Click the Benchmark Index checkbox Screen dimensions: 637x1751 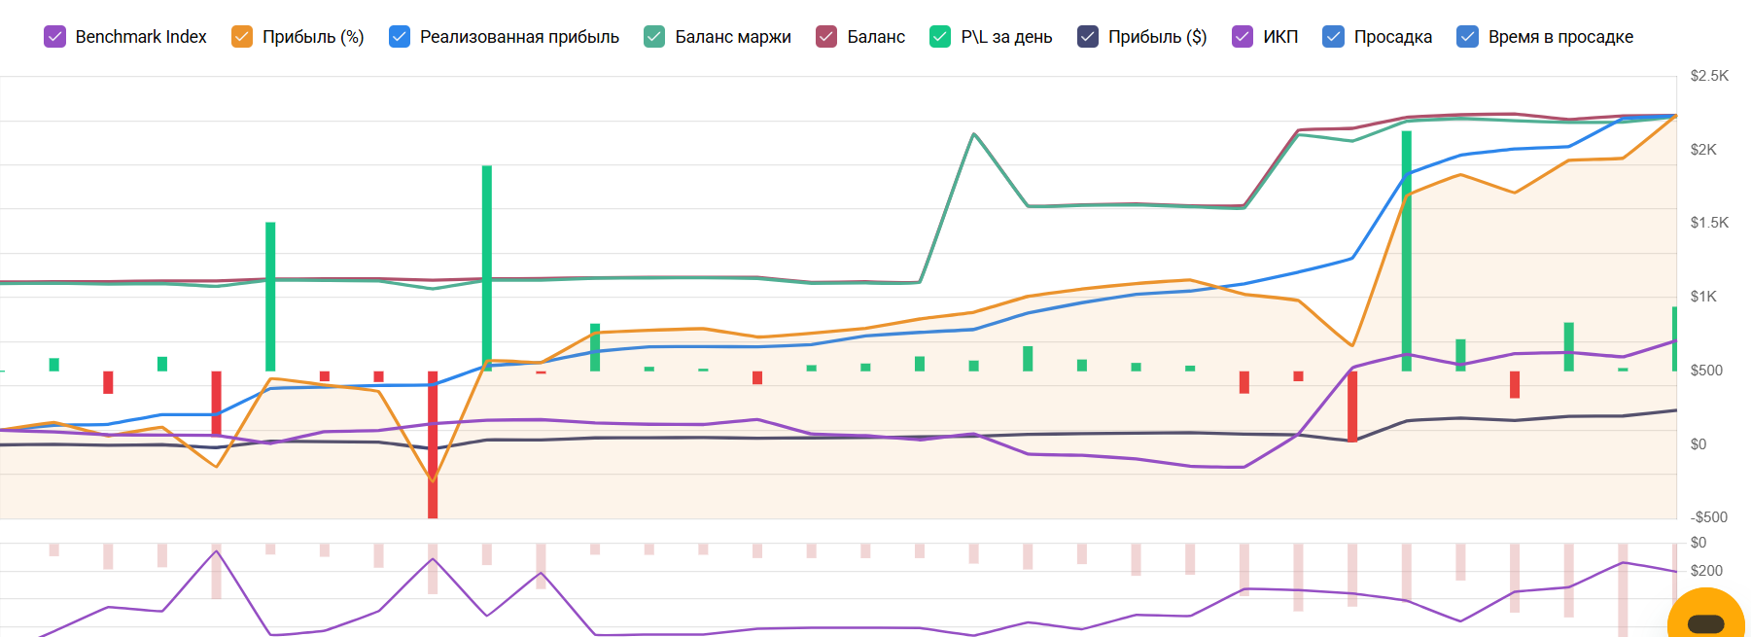(55, 37)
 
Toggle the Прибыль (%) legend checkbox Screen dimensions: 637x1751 (242, 37)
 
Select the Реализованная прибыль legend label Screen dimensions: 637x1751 (519, 37)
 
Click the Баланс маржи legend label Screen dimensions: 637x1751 (732, 37)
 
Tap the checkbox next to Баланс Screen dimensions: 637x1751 (826, 37)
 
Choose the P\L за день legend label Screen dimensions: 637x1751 (1006, 37)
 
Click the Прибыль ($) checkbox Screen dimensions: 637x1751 (1088, 37)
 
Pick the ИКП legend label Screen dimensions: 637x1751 (1280, 37)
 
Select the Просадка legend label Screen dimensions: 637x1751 (1392, 37)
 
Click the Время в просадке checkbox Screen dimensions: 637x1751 (1468, 37)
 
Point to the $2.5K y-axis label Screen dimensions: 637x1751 (1709, 76)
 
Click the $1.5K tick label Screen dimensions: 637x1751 (1709, 223)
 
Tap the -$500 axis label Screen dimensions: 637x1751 (1708, 517)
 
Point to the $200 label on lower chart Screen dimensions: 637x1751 (1706, 571)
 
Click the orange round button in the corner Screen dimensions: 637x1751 (1706, 620)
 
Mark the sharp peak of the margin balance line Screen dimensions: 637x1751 (974, 134)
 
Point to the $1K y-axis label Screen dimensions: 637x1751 (1703, 297)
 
